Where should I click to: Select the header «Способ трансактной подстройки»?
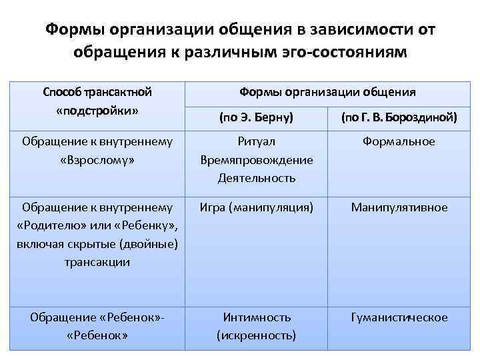coord(97,99)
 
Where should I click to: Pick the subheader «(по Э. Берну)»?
coord(256,118)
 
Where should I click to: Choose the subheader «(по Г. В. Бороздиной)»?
coord(399,118)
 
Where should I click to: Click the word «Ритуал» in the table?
coord(257,141)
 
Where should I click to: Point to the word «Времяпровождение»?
coord(257,160)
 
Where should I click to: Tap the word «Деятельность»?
coord(257,179)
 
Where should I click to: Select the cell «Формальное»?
coord(399,141)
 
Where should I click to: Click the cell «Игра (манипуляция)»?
coord(257,207)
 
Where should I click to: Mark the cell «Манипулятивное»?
coord(399,207)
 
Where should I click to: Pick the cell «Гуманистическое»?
coord(399,317)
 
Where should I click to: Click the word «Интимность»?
coord(257,317)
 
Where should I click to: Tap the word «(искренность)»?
coord(257,335)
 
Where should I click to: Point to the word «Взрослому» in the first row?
coord(97,160)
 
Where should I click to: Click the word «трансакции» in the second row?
coord(97,263)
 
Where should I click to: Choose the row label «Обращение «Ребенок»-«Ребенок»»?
coord(97,326)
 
